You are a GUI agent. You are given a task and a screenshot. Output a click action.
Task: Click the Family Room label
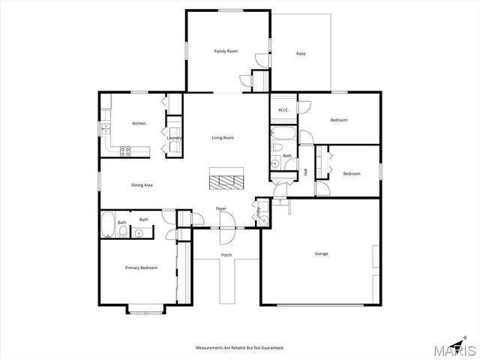click(x=226, y=51)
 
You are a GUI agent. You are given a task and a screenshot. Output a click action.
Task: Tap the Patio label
click(x=301, y=53)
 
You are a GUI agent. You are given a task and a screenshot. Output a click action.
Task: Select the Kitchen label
click(x=139, y=123)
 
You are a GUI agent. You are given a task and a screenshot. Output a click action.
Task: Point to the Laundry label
click(x=174, y=138)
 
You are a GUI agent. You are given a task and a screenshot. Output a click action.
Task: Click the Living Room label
click(x=223, y=137)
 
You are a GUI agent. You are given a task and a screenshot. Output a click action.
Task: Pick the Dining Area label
click(x=142, y=184)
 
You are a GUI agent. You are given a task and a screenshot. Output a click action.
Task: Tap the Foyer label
click(x=221, y=208)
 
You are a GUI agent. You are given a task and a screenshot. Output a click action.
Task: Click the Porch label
click(x=226, y=255)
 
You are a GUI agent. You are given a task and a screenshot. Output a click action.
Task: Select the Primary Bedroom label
click(x=141, y=267)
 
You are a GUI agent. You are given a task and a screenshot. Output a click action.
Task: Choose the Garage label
click(x=321, y=253)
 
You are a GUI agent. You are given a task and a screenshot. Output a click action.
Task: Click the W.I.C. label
click(x=283, y=110)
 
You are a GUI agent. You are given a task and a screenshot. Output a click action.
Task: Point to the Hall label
click(x=306, y=172)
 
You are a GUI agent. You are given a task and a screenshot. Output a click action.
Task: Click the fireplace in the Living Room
click(x=225, y=181)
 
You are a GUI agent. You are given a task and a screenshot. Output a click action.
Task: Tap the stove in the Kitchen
click(x=126, y=150)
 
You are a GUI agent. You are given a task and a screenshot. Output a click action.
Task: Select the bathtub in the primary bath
click(x=107, y=225)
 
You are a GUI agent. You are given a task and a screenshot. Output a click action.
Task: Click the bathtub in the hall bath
click(x=283, y=136)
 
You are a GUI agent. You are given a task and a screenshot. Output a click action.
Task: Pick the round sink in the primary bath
click(x=138, y=233)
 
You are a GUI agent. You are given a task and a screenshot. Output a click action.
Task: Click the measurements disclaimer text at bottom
click(x=240, y=348)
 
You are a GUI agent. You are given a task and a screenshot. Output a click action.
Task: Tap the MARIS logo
click(x=453, y=350)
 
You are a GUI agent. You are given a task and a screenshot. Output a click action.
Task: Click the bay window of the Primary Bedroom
click(x=144, y=307)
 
